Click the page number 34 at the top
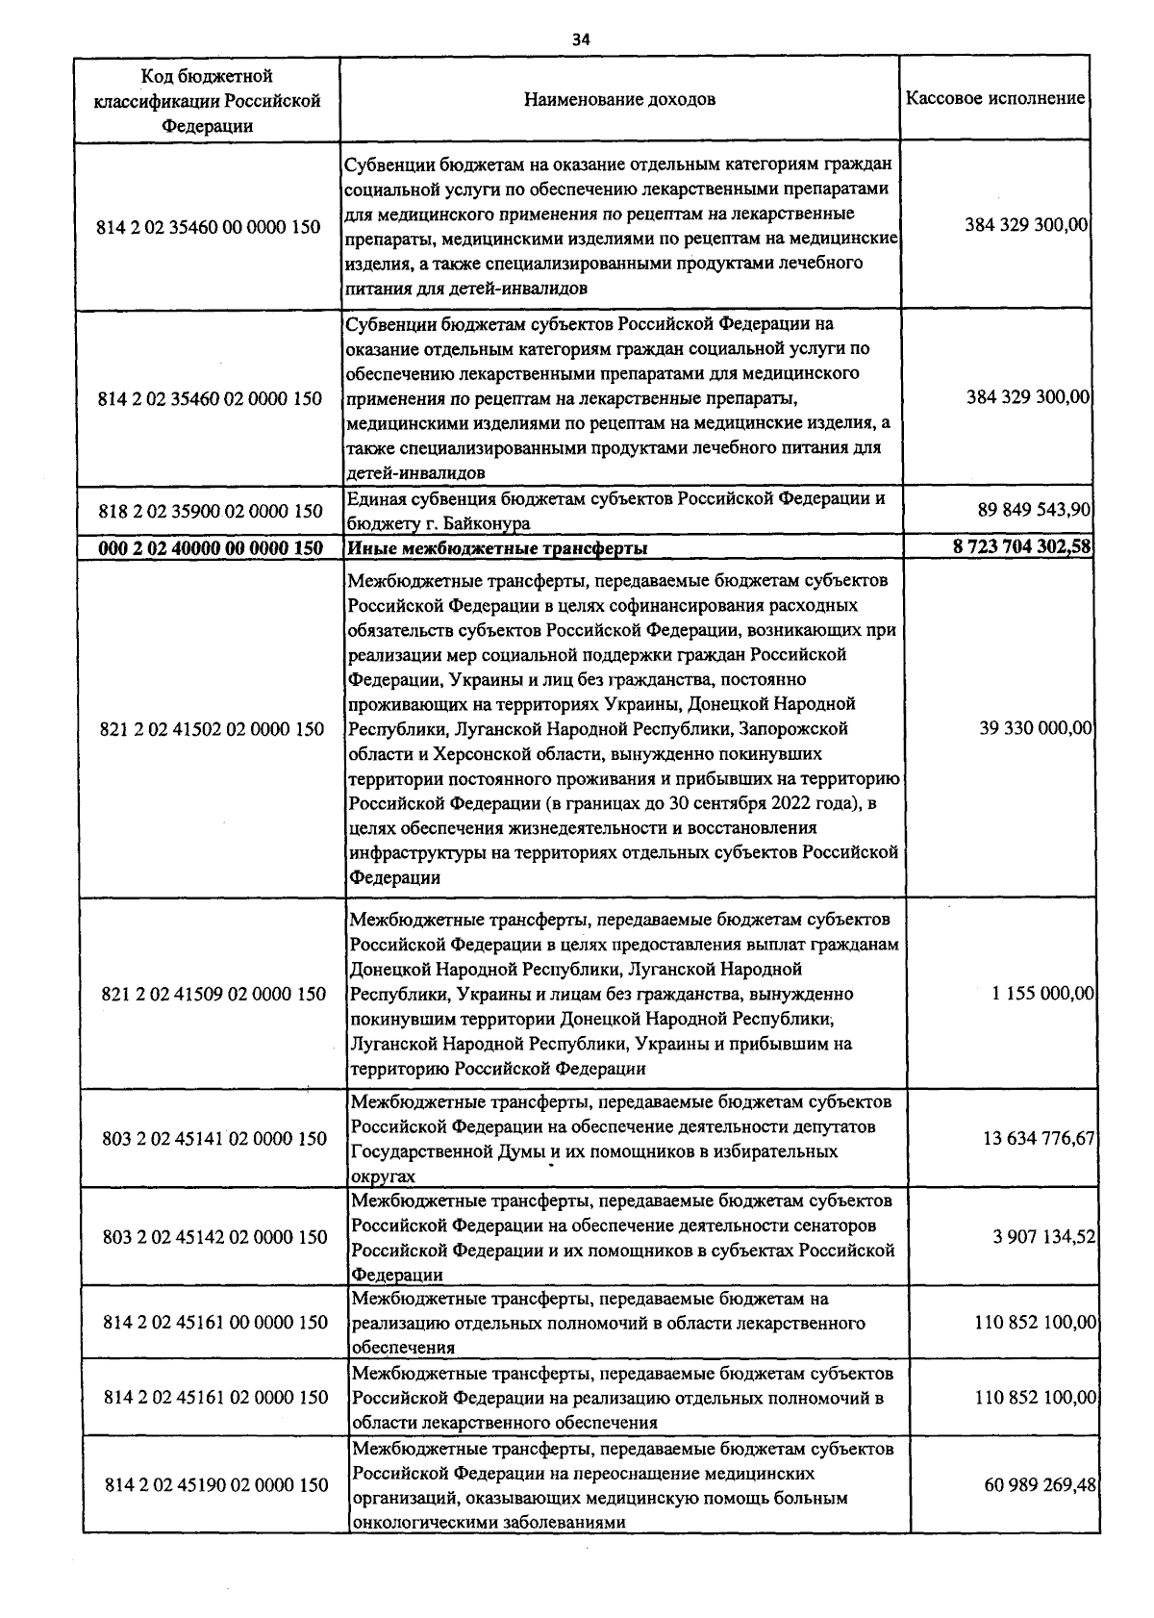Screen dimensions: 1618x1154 point(580,39)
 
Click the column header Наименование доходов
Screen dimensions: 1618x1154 point(619,99)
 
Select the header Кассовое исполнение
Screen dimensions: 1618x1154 point(995,98)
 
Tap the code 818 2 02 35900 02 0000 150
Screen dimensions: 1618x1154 point(211,511)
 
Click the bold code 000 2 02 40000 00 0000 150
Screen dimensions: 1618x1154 point(211,547)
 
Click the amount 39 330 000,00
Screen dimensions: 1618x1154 point(1036,729)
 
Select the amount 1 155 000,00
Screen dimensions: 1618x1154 point(1042,993)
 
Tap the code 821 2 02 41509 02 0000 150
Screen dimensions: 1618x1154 point(213,994)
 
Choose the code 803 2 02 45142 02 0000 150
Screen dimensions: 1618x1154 point(214,1237)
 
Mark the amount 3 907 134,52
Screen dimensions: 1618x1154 point(1043,1237)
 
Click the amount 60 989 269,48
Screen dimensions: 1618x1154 point(1040,1485)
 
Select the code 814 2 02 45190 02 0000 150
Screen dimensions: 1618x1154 point(215,1486)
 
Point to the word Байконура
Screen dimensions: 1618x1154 point(490,524)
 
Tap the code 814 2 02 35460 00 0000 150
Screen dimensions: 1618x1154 point(209,228)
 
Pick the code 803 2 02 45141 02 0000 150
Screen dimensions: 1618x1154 point(214,1140)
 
